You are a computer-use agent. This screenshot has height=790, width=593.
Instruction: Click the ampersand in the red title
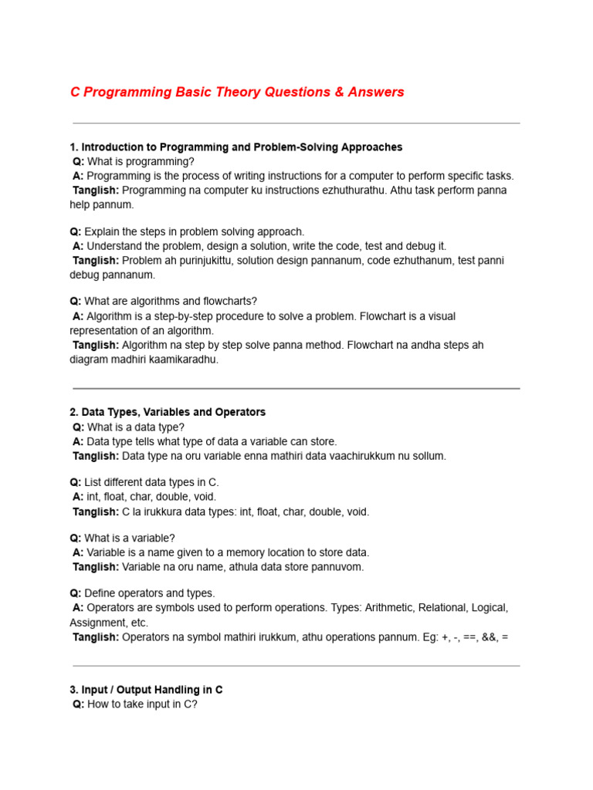[338, 93]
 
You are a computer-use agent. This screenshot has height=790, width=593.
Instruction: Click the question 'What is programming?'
[141, 161]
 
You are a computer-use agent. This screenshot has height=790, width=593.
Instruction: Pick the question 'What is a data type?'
[136, 427]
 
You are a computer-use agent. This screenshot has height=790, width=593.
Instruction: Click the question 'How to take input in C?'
[142, 704]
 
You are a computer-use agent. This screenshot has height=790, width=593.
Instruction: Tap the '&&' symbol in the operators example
[490, 637]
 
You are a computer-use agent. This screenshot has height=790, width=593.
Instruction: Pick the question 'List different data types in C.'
[151, 482]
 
